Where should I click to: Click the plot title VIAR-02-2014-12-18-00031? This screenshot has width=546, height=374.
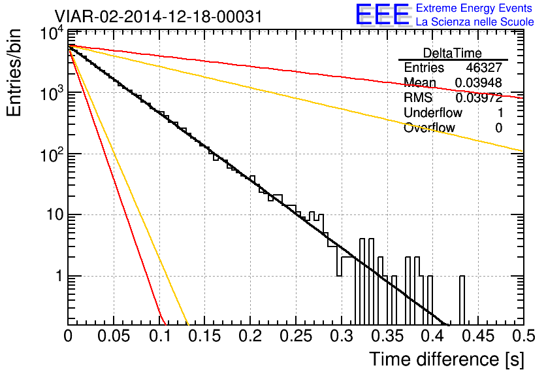click(x=158, y=16)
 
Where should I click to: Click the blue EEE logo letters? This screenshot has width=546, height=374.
click(x=383, y=14)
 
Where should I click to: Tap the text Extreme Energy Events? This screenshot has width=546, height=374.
click(x=474, y=8)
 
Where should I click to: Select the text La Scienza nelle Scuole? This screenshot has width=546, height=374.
click(x=475, y=22)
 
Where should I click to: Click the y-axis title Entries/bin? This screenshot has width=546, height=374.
click(x=14, y=73)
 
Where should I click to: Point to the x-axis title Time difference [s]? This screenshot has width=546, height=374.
click(x=447, y=359)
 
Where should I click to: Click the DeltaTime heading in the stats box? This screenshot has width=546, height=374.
click(x=453, y=53)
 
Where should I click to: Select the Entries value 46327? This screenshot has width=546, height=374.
click(x=484, y=67)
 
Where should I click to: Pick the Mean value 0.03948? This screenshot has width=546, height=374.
click(x=479, y=82)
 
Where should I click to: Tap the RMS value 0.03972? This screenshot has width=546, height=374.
click(x=479, y=97)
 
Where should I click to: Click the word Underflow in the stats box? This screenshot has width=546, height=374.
click(x=433, y=112)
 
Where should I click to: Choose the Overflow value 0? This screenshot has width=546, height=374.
click(x=498, y=128)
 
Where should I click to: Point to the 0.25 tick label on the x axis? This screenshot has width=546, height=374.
click(x=296, y=336)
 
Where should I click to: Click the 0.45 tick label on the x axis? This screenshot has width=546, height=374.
click(x=479, y=336)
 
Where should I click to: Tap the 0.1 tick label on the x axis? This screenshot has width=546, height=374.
click(x=159, y=336)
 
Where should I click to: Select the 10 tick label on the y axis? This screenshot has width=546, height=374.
click(x=56, y=214)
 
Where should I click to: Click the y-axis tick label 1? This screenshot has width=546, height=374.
click(x=59, y=276)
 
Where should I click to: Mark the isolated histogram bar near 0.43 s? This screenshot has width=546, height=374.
click(x=462, y=301)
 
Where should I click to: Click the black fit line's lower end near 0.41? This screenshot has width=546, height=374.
click(x=446, y=324)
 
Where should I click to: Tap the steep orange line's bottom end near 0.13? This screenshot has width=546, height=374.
click(x=187, y=324)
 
